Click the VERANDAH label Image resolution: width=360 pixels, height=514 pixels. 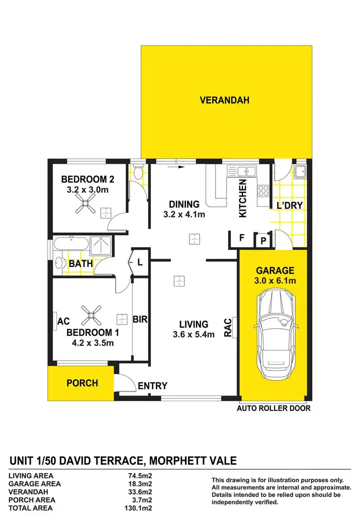225,100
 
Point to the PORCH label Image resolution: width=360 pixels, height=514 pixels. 82,383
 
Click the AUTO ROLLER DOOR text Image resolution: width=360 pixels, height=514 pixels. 274,408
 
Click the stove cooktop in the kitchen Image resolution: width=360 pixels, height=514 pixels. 264,191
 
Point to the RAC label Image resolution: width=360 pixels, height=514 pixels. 228,329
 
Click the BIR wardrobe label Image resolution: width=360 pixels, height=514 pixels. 140,319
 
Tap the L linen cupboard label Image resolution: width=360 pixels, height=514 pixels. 140,263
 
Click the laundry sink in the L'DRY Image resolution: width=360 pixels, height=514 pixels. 300,171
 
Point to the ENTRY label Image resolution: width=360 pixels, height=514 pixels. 152,386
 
